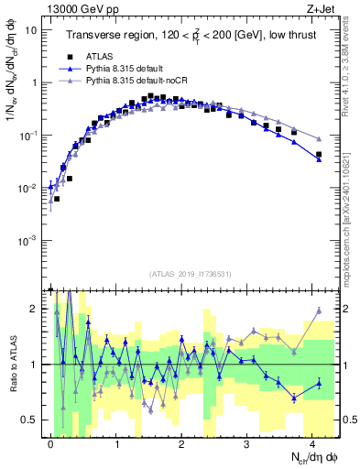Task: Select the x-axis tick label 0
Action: coord(50,442)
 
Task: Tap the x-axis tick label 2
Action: coord(181,442)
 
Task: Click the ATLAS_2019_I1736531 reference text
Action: coord(190,273)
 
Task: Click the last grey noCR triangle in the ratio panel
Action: coord(319,311)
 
